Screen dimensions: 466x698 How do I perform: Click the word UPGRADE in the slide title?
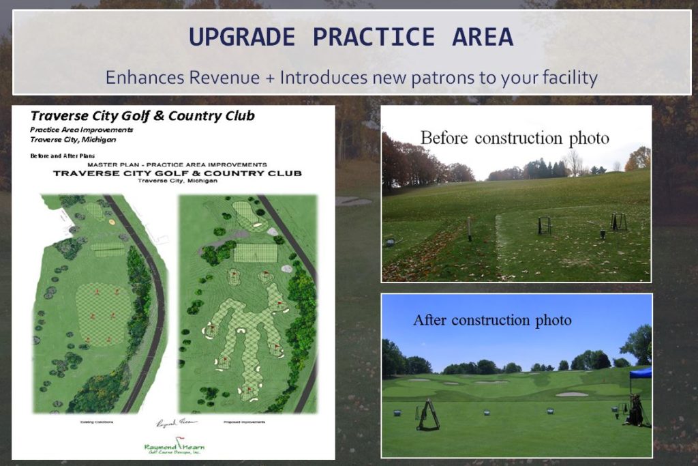(243, 37)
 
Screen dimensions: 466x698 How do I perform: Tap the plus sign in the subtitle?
(270, 78)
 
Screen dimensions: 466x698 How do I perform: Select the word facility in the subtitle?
(568, 78)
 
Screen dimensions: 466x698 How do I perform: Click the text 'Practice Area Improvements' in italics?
(81, 129)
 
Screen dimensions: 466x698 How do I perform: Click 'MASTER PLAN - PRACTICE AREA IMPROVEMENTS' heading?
(177, 164)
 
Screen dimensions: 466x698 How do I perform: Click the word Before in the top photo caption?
(444, 138)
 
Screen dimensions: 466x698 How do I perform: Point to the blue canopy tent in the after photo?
(641, 373)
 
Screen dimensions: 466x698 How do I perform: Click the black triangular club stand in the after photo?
(428, 415)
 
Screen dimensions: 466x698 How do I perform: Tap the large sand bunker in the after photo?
(571, 394)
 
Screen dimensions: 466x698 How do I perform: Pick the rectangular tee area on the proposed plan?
(255, 253)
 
